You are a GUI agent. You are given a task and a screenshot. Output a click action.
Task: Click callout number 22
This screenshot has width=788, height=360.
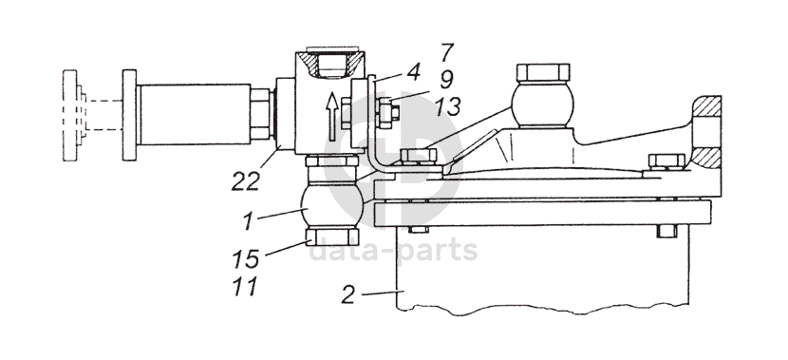(246, 181)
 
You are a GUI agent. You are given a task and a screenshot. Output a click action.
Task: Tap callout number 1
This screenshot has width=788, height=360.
(247, 221)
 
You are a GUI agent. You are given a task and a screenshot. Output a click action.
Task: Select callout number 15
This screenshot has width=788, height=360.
(246, 259)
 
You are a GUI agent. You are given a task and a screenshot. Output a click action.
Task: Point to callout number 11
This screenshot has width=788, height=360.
(245, 287)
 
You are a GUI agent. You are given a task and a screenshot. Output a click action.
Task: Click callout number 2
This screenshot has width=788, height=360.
(347, 294)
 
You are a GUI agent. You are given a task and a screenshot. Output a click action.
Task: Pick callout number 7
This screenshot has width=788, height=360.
(447, 52)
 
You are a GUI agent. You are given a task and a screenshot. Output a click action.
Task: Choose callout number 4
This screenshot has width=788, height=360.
(413, 73)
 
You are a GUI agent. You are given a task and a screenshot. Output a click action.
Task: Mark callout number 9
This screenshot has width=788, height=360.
(446, 80)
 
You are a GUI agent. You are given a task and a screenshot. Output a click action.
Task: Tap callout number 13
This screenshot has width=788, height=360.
(447, 107)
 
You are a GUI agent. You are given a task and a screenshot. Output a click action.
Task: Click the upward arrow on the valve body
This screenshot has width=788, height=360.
(331, 117)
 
